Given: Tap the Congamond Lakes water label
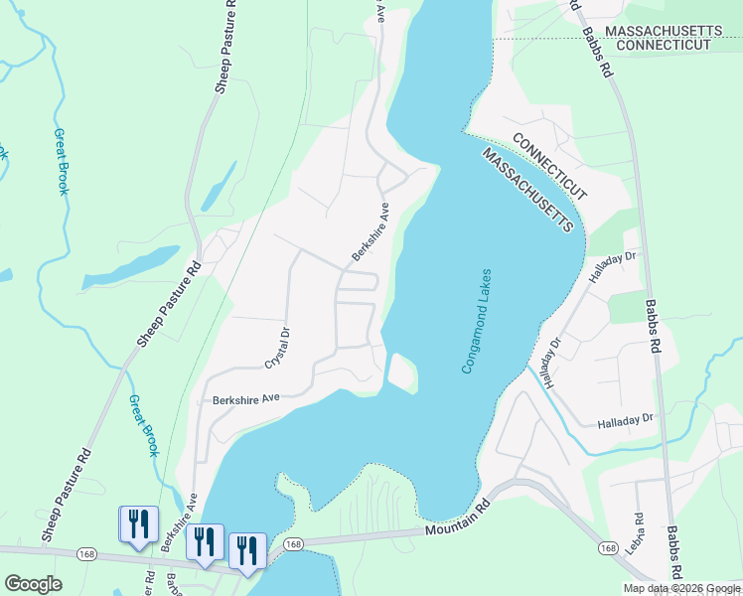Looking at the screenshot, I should pyautogui.click(x=476, y=321).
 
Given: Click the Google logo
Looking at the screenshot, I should pyautogui.click(x=33, y=584).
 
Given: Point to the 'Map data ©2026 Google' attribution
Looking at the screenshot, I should pyautogui.click(x=681, y=588).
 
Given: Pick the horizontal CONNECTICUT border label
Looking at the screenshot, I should pyautogui.click(x=668, y=46).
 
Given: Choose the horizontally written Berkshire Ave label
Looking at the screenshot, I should pyautogui.click(x=245, y=399).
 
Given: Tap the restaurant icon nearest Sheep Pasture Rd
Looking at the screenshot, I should pyautogui.click(x=138, y=523).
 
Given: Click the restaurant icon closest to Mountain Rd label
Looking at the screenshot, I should pyautogui.click(x=247, y=550).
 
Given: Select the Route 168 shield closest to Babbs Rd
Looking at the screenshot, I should pyautogui.click(x=608, y=547).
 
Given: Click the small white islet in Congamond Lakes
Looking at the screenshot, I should pyautogui.click(x=401, y=372).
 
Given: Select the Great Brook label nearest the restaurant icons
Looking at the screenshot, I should pyautogui.click(x=143, y=426).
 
